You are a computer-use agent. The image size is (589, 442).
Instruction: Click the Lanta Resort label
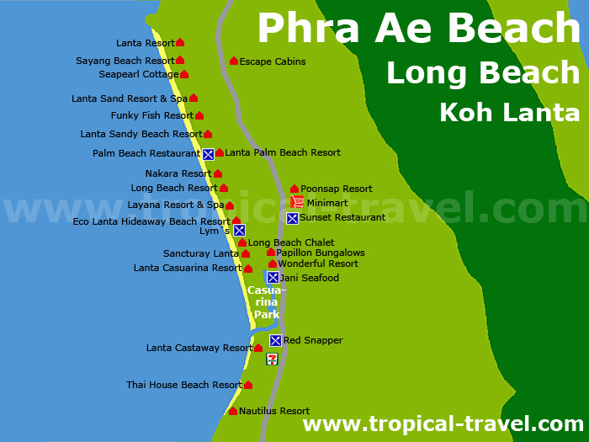[146, 43]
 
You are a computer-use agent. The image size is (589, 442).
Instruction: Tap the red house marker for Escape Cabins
[234, 61]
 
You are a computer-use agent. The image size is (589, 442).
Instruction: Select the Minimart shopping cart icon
[297, 202]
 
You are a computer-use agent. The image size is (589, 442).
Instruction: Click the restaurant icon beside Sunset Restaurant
[292, 218]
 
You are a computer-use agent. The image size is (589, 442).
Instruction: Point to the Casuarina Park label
[266, 302]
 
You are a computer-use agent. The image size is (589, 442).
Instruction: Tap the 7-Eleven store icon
[272, 359]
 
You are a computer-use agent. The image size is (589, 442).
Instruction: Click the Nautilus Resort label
[274, 411]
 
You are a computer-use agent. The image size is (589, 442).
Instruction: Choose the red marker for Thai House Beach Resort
[248, 385]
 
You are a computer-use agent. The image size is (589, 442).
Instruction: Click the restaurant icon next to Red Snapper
[275, 340]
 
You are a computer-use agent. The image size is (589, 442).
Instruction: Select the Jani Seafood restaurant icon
[273, 277]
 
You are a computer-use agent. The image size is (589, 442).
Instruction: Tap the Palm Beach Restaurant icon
[208, 154]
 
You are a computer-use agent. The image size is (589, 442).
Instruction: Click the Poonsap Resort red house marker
[294, 189]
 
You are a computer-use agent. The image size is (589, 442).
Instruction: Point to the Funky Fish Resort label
[152, 115]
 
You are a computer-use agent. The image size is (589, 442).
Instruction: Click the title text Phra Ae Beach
[418, 29]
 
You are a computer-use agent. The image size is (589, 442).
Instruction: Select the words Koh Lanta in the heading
[509, 112]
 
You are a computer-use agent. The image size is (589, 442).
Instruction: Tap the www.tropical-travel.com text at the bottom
[443, 423]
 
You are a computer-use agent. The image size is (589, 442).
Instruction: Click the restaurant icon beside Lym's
[239, 230]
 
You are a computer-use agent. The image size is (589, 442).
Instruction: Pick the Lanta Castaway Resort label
[199, 348]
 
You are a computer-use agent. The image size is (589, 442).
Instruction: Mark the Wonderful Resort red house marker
[273, 264]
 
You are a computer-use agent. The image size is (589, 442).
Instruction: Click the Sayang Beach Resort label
[125, 61]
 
